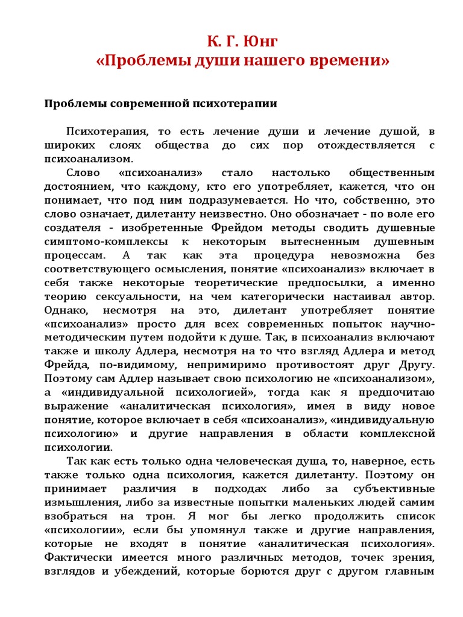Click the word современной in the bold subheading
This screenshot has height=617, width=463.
point(146,104)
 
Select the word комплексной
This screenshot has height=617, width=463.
point(394,433)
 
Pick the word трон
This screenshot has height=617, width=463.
point(168,516)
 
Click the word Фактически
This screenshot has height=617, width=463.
point(78,557)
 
